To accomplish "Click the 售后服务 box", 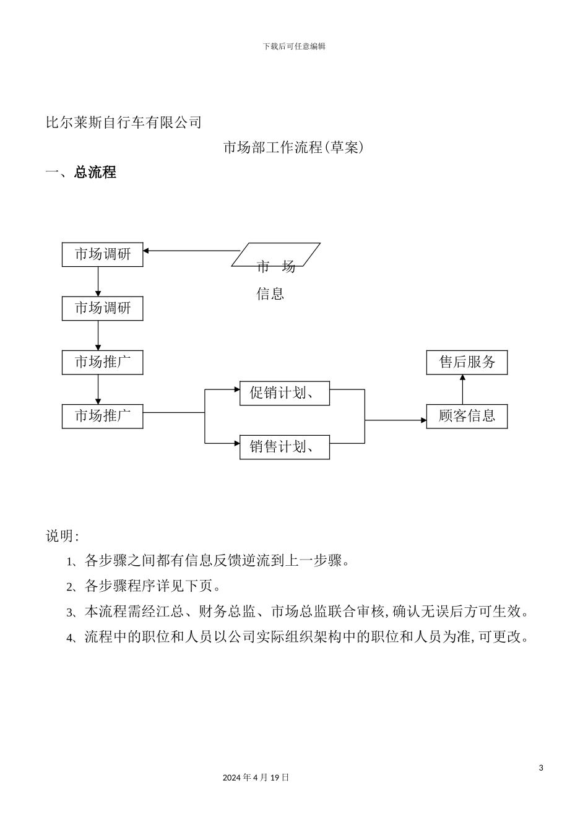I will click(467, 362).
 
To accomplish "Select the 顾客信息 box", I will click(467, 416).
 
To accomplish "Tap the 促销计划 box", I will click(284, 393).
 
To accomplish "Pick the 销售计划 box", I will click(284, 447).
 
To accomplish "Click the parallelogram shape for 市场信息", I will click(276, 254).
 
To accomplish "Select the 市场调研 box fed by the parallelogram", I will click(102, 254).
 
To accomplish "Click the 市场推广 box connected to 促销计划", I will click(102, 416).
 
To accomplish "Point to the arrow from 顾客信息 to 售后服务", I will click(462, 389).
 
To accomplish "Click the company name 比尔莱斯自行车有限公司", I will click(124, 123).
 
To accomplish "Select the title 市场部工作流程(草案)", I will click(293, 147).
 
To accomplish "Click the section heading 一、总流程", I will click(81, 172).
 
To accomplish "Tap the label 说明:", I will click(62, 536).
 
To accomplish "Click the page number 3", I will click(541, 768).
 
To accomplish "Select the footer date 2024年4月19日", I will click(256, 778).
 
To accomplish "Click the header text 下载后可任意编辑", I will click(294, 46).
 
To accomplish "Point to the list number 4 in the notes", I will click(70, 638).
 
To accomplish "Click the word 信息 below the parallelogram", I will click(270, 294).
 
